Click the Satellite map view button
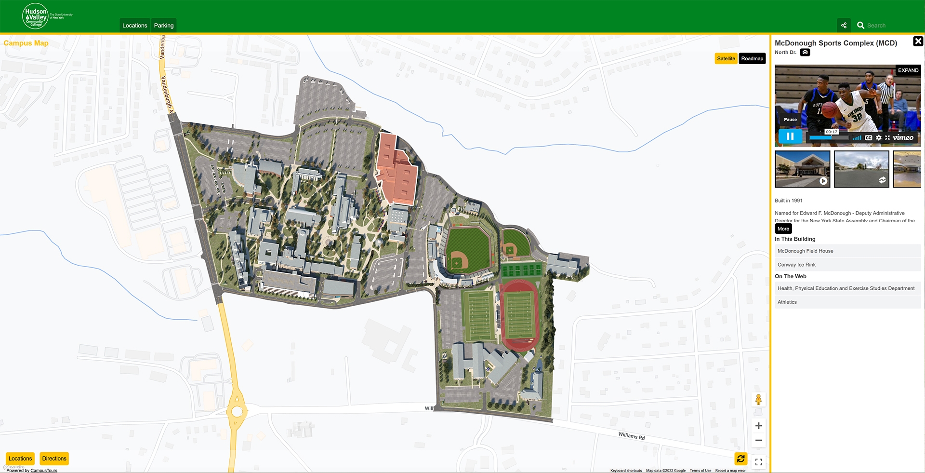(x=726, y=59)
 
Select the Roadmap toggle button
(x=752, y=59)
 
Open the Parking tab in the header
(x=164, y=26)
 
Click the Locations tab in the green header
(x=134, y=26)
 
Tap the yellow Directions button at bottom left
(x=54, y=459)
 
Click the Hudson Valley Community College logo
(x=36, y=16)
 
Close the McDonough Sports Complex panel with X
(x=918, y=41)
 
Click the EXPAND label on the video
(x=908, y=70)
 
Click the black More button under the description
(x=783, y=229)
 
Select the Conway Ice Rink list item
(x=796, y=265)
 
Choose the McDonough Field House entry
(x=805, y=251)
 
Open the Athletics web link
(x=787, y=302)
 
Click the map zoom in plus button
(x=758, y=426)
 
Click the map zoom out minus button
(x=758, y=441)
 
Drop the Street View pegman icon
(x=758, y=400)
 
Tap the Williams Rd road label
(x=631, y=436)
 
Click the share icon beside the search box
(x=844, y=26)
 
